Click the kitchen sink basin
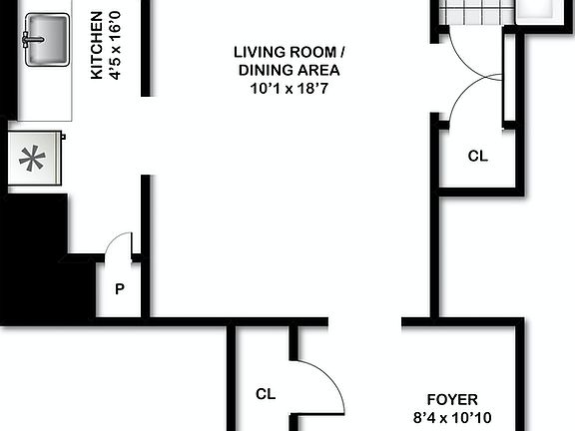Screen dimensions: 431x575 coord(44,42)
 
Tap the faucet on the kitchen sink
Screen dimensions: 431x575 coord(28,40)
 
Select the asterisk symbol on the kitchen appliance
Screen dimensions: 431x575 coord(32,160)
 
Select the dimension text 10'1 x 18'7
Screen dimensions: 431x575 coord(288,88)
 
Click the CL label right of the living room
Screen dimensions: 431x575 coord(478,157)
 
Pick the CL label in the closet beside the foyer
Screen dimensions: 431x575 coord(265,394)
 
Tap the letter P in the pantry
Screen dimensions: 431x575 coord(119,289)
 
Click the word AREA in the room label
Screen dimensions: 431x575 coord(319,70)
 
